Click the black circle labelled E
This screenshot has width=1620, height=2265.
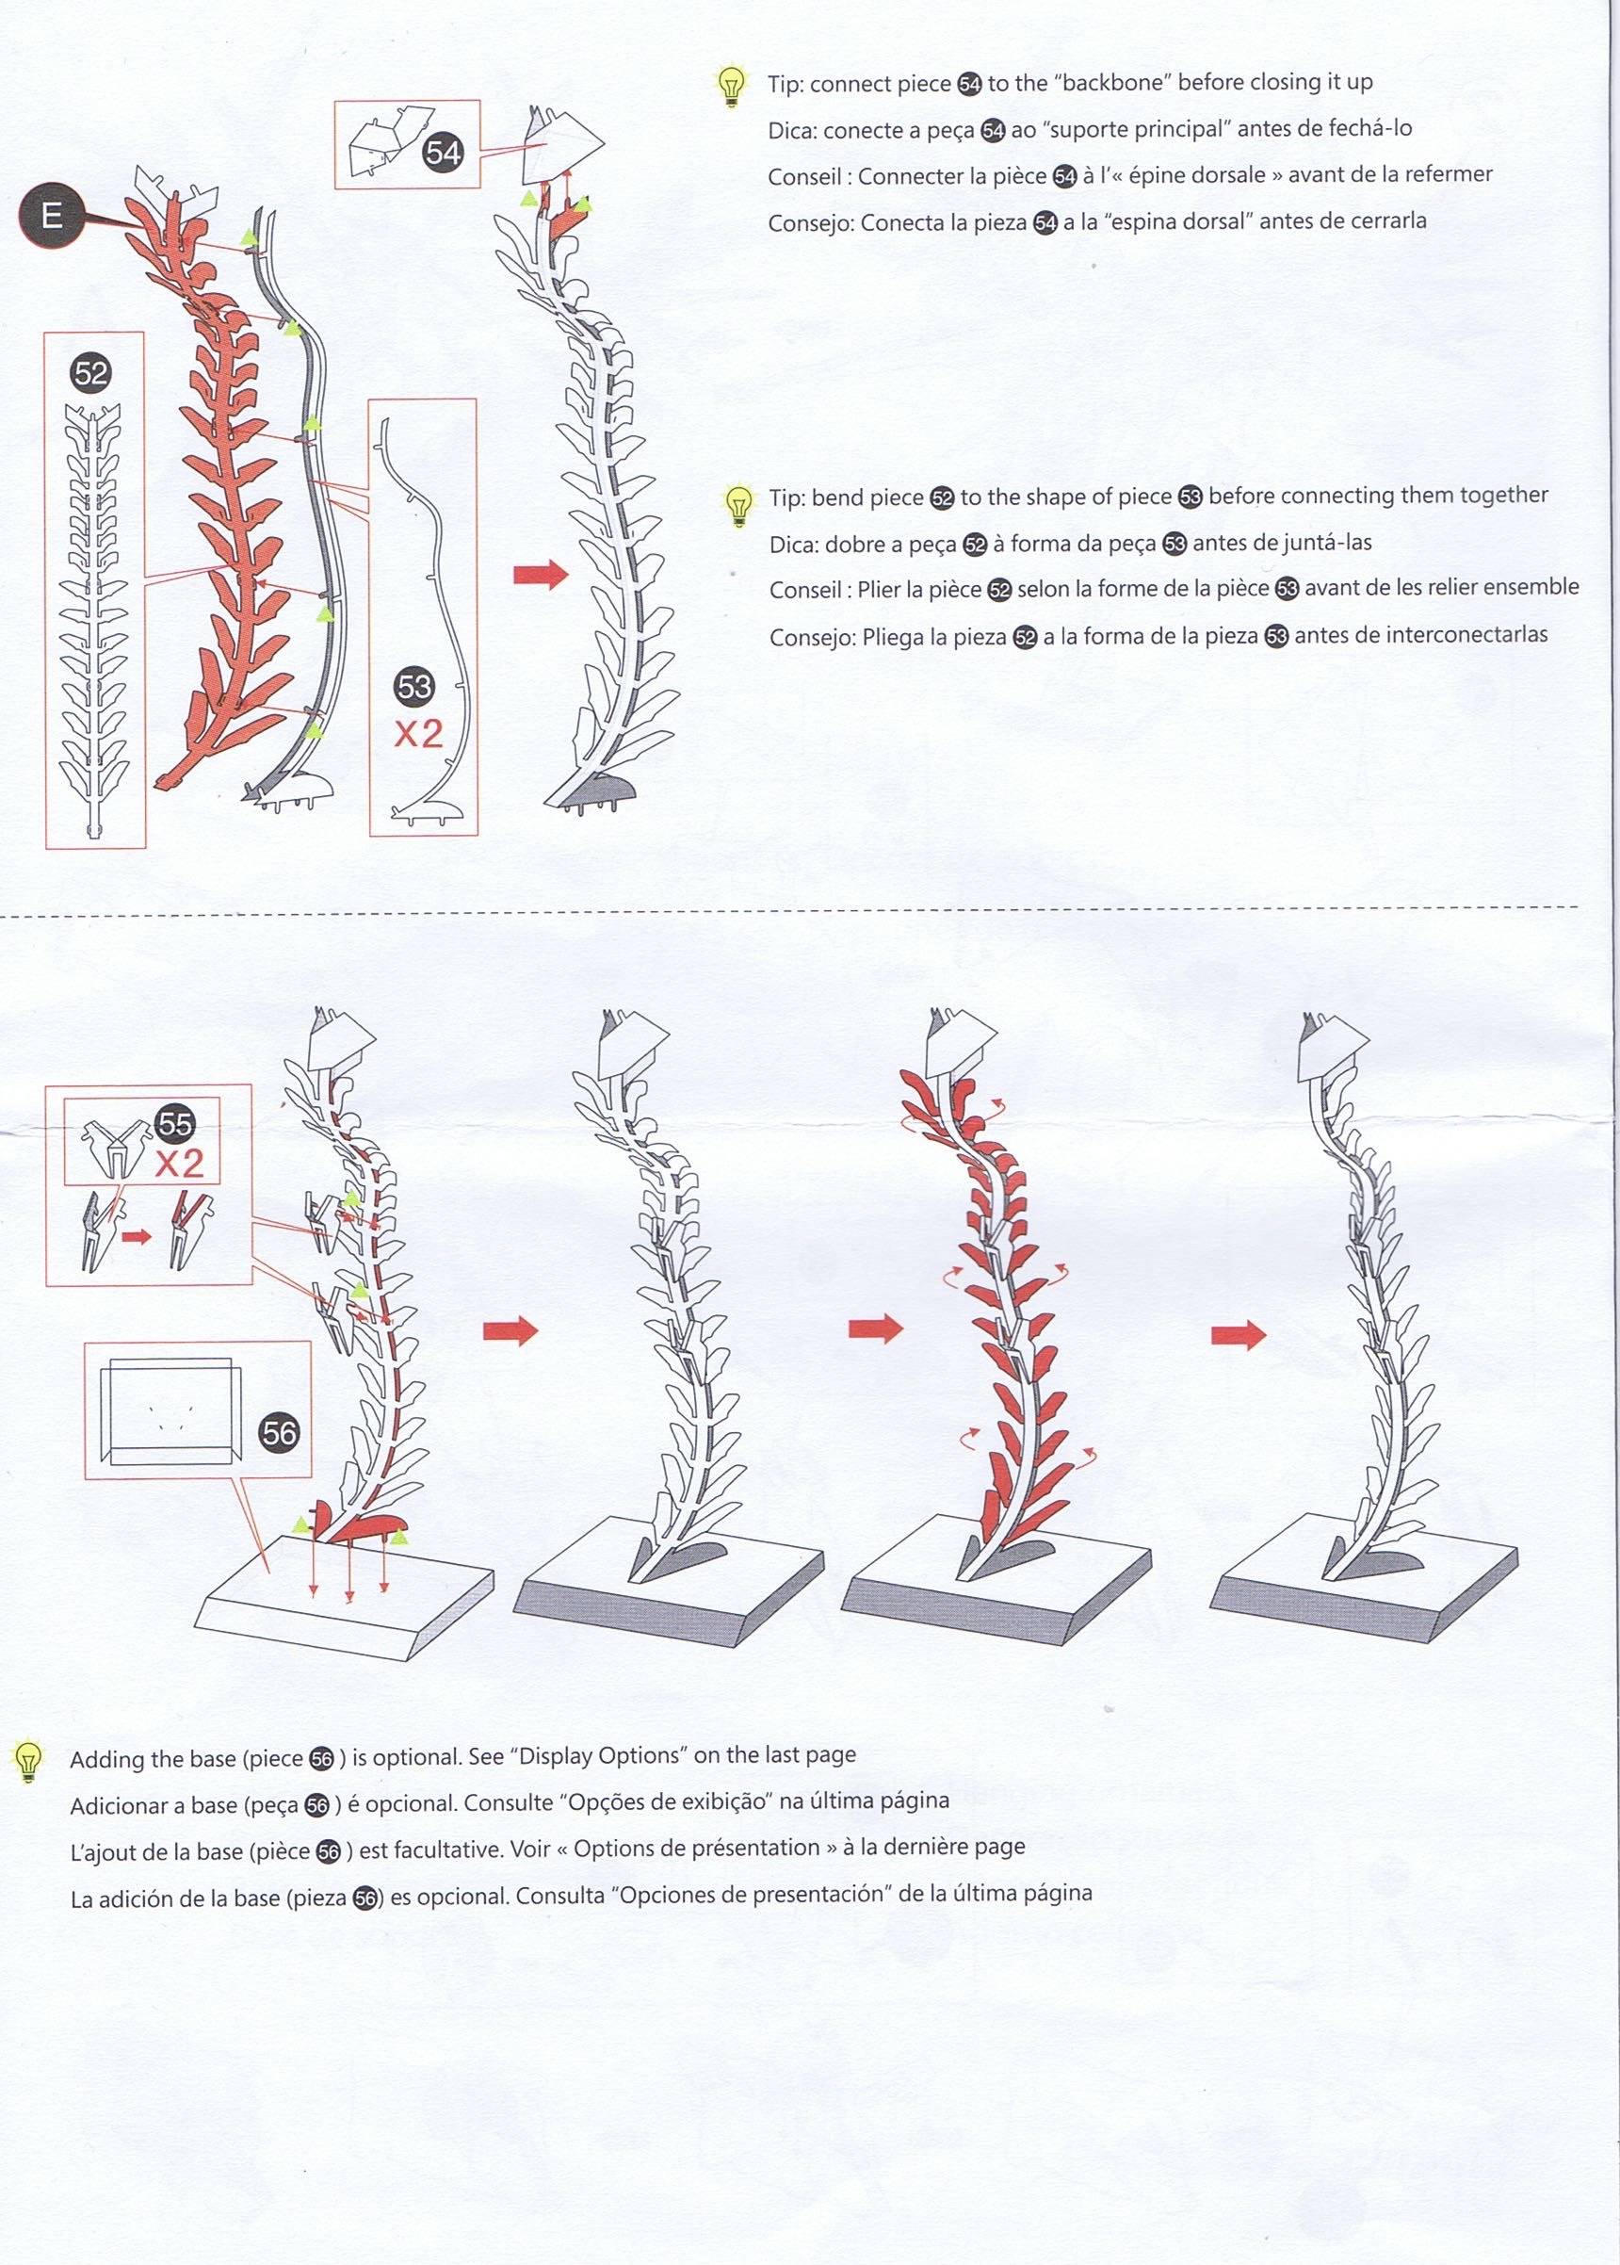click(52, 216)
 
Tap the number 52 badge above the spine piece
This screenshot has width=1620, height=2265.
click(90, 373)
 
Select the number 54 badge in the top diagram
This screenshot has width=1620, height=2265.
click(443, 153)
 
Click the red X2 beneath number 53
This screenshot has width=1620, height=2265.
click(418, 734)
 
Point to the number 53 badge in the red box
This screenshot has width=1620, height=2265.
click(414, 687)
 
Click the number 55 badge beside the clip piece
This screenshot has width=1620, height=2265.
click(174, 1123)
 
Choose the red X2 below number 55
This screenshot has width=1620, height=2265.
click(180, 1164)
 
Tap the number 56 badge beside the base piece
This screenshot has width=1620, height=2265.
click(280, 1434)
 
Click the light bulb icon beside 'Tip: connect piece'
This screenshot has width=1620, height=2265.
click(732, 86)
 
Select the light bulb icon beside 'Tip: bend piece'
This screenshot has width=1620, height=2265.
click(738, 505)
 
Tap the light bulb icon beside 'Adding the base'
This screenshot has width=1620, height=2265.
click(28, 1761)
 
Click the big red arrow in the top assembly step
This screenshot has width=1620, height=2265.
click(540, 574)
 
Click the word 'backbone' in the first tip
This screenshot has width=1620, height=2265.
click(1110, 83)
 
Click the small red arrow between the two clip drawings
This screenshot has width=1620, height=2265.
click(137, 1236)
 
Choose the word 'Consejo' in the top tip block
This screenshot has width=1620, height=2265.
click(810, 223)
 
